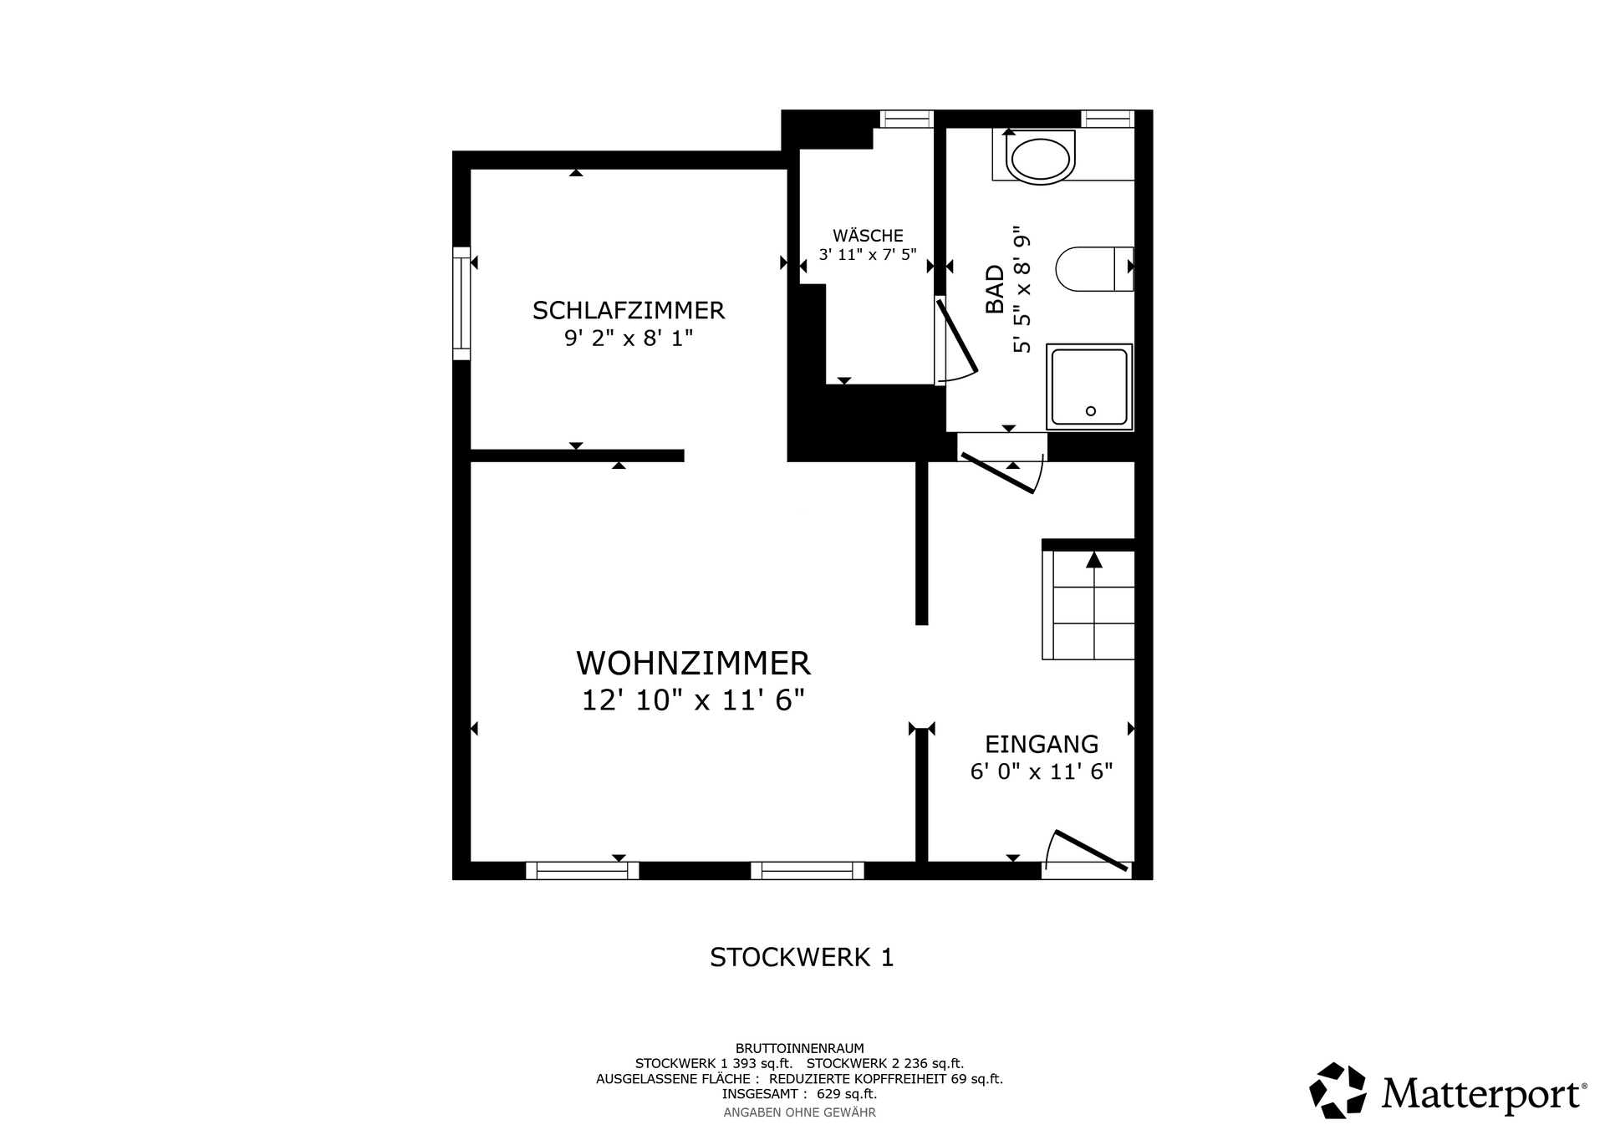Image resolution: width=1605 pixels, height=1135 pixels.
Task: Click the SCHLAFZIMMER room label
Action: (x=629, y=311)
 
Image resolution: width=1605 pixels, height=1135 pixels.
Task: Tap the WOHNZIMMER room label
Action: (x=693, y=664)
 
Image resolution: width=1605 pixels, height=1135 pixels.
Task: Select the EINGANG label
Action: (x=1042, y=744)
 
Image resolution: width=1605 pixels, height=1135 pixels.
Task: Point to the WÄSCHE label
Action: (x=868, y=236)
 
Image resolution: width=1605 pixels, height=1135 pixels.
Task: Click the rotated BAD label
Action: (x=995, y=289)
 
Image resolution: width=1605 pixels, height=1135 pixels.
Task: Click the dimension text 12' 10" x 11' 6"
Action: (x=693, y=700)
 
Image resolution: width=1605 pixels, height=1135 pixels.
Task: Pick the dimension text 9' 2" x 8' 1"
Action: (x=629, y=338)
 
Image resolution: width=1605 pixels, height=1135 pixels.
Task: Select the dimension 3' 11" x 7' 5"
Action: (x=868, y=255)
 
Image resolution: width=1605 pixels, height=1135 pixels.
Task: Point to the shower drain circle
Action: (x=1090, y=411)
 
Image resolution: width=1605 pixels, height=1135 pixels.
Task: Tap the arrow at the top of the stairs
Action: (x=1093, y=560)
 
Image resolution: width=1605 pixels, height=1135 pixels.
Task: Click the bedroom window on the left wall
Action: (x=461, y=303)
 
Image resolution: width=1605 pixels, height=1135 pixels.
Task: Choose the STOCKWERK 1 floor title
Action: (x=802, y=957)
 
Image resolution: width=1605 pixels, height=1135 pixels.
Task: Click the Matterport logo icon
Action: (x=1338, y=1090)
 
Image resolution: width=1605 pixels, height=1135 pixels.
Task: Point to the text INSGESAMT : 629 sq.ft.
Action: (x=799, y=1094)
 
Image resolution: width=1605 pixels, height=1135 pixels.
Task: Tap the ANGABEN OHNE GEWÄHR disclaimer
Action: (x=799, y=1112)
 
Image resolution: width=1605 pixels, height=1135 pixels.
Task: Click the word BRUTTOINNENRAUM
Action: (x=800, y=1048)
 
